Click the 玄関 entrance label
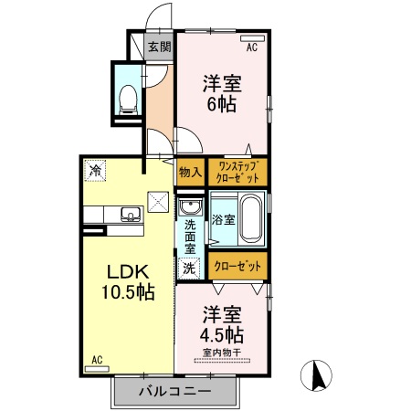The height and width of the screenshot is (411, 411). click(x=160, y=47)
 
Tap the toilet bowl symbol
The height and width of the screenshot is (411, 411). click(x=128, y=94)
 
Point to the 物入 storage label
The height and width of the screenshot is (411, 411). click(x=190, y=171)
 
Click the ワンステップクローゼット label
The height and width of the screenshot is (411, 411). click(x=237, y=171)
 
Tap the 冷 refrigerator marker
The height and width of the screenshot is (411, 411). click(x=94, y=170)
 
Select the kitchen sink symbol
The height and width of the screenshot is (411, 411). click(x=129, y=216)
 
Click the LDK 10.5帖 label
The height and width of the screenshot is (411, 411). click(x=127, y=282)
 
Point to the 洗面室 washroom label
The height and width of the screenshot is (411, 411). click(x=189, y=236)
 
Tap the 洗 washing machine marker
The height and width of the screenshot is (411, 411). click(x=189, y=269)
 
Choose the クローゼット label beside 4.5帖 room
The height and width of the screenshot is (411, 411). click(x=237, y=266)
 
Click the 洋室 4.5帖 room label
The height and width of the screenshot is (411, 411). click(x=222, y=321)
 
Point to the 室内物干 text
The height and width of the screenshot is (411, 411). click(x=222, y=352)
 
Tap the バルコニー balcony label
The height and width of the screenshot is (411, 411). click(x=174, y=391)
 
